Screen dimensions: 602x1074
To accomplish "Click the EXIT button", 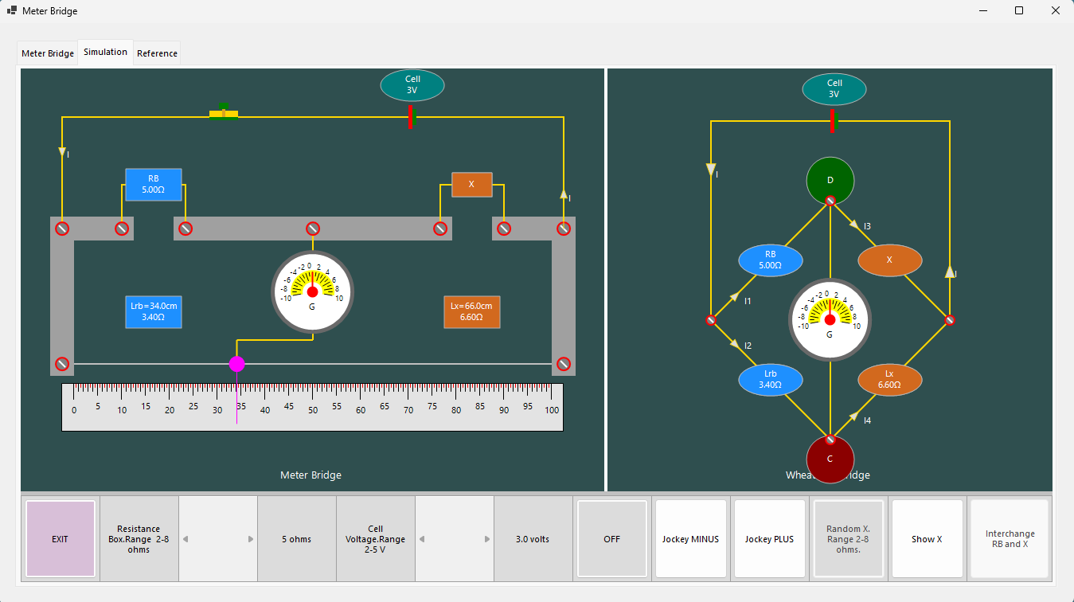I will pyautogui.click(x=61, y=539).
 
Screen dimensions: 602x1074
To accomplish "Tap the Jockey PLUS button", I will pyautogui.click(x=769, y=539).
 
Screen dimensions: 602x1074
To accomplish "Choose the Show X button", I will pyautogui.click(x=927, y=539).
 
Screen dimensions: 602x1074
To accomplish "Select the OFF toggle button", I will pyautogui.click(x=611, y=539).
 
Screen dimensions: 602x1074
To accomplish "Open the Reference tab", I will pyautogui.click(x=157, y=53).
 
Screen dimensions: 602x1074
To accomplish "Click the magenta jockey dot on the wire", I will pyautogui.click(x=236, y=364).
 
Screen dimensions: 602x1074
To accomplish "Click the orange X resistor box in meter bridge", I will pyautogui.click(x=471, y=185).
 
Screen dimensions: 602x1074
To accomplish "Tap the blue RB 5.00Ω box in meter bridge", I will pyautogui.click(x=154, y=184).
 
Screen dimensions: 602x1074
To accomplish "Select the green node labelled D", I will pyautogui.click(x=830, y=180).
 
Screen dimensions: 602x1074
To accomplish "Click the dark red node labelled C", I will pyautogui.click(x=830, y=459).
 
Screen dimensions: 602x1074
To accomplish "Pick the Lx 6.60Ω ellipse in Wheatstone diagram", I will pyautogui.click(x=889, y=380).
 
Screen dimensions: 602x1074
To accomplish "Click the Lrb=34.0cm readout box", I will pyautogui.click(x=154, y=311).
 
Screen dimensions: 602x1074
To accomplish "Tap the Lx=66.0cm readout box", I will pyautogui.click(x=471, y=311).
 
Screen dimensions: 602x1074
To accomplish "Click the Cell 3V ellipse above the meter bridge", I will pyautogui.click(x=412, y=85).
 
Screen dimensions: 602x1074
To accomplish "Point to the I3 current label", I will pyautogui.click(x=867, y=227).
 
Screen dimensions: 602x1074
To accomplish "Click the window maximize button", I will pyautogui.click(x=1018, y=11).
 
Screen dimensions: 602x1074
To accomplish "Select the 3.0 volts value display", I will pyautogui.click(x=533, y=539).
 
